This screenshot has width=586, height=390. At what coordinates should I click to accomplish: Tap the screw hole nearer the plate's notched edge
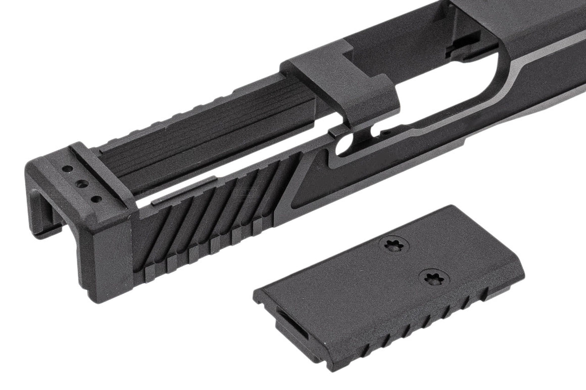pyautogui.click(x=433, y=277)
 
